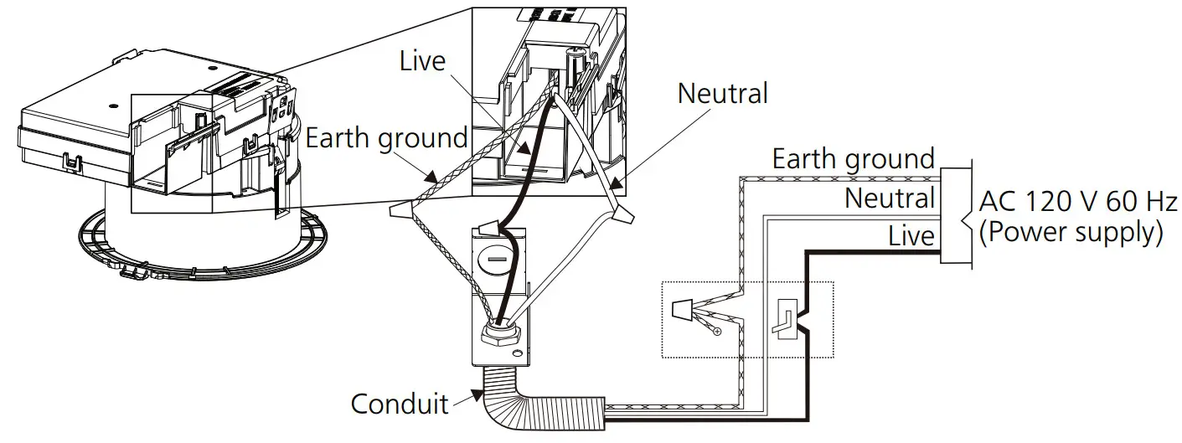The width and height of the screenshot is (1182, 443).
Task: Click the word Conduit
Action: pyautogui.click(x=400, y=404)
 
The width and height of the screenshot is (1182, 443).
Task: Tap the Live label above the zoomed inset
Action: pyautogui.click(x=423, y=60)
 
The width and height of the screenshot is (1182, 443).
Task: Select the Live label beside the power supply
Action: pyautogui.click(x=911, y=236)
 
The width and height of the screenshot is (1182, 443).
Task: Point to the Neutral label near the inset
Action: pyautogui.click(x=722, y=93)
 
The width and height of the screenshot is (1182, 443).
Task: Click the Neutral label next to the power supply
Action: pyautogui.click(x=889, y=198)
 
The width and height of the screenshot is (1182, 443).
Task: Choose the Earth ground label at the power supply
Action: pyautogui.click(x=853, y=159)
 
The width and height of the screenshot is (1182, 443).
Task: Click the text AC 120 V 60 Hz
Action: pyautogui.click(x=1078, y=202)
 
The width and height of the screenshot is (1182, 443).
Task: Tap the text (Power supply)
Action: pyautogui.click(x=1070, y=233)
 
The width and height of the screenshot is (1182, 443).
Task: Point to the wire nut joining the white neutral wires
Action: pyautogui.click(x=621, y=214)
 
